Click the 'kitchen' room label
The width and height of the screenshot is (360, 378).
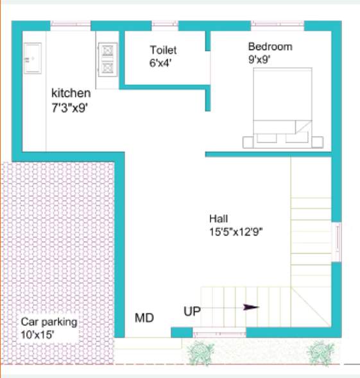[x=71, y=94]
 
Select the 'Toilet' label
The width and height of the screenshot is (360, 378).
[x=163, y=49]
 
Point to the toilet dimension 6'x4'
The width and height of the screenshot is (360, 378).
[x=160, y=62]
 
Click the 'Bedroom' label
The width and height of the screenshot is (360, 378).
[x=270, y=47]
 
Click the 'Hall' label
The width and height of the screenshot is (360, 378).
[x=219, y=218]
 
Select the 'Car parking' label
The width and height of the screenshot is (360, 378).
[x=49, y=322]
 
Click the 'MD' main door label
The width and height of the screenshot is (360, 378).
[x=144, y=317]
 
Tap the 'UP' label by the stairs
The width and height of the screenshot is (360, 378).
[x=192, y=311]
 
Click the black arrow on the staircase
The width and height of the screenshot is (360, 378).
[x=251, y=307]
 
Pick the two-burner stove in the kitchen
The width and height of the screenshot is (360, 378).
[x=107, y=57]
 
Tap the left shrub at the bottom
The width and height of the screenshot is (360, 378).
[x=203, y=352]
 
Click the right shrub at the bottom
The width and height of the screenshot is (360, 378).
[x=319, y=352]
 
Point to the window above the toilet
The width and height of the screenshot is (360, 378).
[x=165, y=25]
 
